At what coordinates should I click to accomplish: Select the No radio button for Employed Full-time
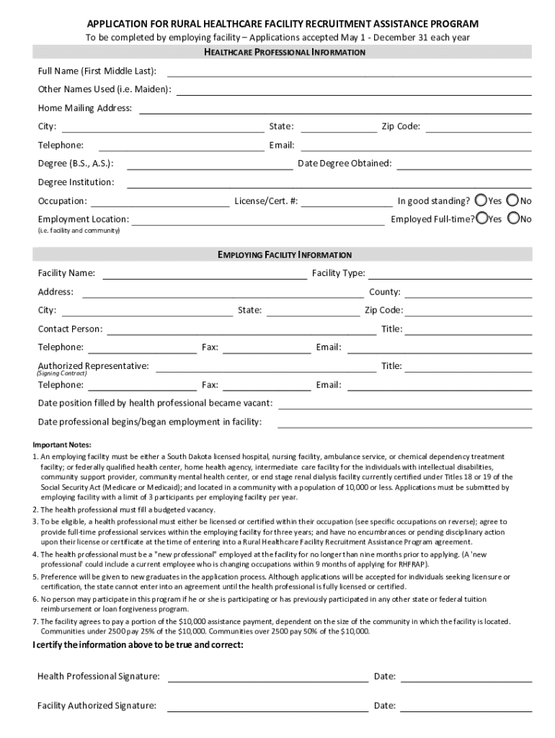click(514, 218)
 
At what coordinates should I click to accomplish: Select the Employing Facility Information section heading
click(285, 255)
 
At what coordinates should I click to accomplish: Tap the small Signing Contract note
click(62, 374)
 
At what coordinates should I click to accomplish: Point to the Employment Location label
click(84, 219)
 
